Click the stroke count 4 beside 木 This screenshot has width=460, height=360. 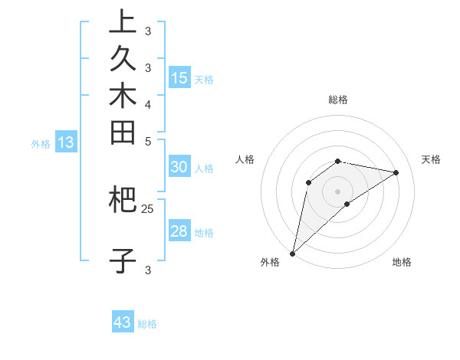point(148,104)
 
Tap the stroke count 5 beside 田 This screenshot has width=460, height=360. point(148,142)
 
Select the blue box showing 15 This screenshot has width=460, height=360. point(179,77)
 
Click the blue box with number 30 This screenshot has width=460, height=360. point(179,167)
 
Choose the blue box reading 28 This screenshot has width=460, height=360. point(179,231)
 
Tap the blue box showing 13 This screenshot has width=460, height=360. point(66,142)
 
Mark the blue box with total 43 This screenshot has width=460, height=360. point(123,322)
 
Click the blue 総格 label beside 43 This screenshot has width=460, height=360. point(147,324)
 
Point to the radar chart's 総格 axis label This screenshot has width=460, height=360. point(338,100)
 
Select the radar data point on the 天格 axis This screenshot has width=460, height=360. point(396,172)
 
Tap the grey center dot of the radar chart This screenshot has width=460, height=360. point(338,191)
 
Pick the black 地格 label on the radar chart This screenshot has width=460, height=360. point(402,262)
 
